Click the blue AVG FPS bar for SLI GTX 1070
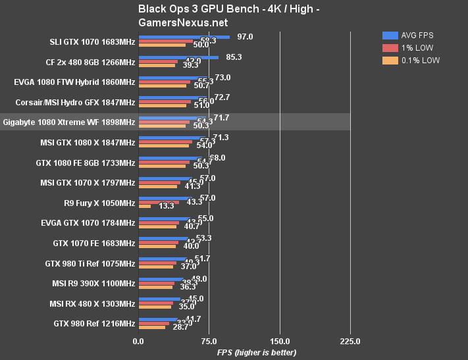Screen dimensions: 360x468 184,38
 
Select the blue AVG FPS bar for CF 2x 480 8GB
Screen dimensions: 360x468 178,58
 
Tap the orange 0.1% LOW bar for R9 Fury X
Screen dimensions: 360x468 144,207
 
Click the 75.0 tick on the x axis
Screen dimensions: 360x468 209,342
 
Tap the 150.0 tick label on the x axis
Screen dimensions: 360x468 280,342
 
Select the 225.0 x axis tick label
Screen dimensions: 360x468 350,342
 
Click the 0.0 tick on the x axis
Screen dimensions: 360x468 138,342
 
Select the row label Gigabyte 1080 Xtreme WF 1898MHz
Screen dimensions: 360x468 68,122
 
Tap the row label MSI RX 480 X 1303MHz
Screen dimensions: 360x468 92,304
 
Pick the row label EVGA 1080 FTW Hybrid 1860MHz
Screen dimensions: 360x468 74,83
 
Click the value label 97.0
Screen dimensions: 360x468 245,37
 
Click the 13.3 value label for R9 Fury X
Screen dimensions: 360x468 167,207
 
